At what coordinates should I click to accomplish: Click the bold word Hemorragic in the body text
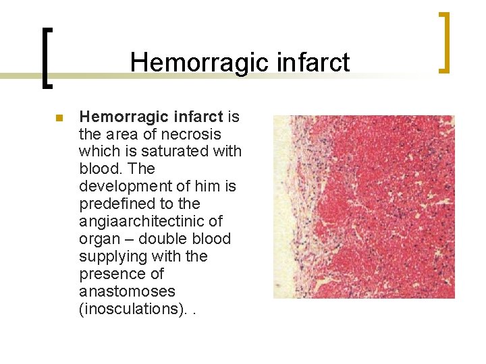118,117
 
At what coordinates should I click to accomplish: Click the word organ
97,239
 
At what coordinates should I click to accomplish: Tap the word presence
108,274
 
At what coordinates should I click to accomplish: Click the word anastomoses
127,292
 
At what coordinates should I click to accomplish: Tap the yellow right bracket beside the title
444,42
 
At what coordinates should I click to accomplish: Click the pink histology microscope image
363,206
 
